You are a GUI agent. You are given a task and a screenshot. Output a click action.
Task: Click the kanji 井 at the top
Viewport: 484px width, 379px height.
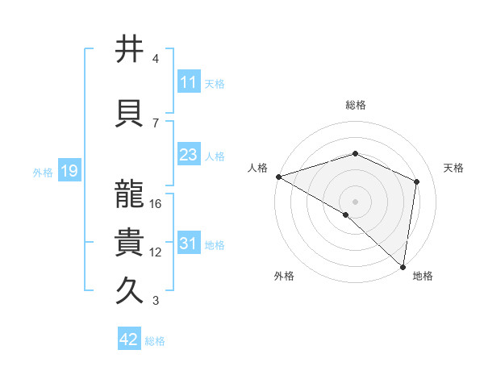[130, 50]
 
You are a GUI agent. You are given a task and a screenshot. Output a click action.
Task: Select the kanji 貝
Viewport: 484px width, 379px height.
[130, 114]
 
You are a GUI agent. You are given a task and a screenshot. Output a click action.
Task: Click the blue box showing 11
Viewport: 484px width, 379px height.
[188, 82]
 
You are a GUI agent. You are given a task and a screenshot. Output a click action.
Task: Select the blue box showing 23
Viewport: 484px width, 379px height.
[188, 155]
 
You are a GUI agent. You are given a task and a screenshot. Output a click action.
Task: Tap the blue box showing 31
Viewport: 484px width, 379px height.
[188, 244]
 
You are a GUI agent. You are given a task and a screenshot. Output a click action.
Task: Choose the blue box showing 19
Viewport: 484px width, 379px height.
[69, 171]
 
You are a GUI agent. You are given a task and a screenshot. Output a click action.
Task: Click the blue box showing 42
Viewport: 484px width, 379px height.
[129, 339]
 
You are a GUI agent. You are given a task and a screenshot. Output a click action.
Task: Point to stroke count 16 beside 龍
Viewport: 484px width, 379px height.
[156, 204]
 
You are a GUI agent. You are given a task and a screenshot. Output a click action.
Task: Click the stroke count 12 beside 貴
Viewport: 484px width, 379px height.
[156, 252]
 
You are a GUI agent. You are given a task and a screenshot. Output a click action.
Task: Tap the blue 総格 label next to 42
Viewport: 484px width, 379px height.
[155, 341]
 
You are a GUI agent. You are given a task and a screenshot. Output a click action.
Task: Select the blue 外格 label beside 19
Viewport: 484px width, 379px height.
[43, 172]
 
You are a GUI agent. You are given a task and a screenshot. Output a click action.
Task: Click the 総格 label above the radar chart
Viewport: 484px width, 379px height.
[355, 105]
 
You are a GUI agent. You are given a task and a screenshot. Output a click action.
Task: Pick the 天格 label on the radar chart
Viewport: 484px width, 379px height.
[453, 168]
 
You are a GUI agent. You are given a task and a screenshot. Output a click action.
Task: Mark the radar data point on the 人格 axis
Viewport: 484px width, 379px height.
[278, 177]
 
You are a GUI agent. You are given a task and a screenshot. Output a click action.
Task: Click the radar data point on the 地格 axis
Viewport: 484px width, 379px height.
[403, 267]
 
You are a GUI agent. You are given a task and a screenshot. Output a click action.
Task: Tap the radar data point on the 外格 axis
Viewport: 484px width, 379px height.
[346, 214]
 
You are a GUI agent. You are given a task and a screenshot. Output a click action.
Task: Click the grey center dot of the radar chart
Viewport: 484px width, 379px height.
[355, 202]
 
